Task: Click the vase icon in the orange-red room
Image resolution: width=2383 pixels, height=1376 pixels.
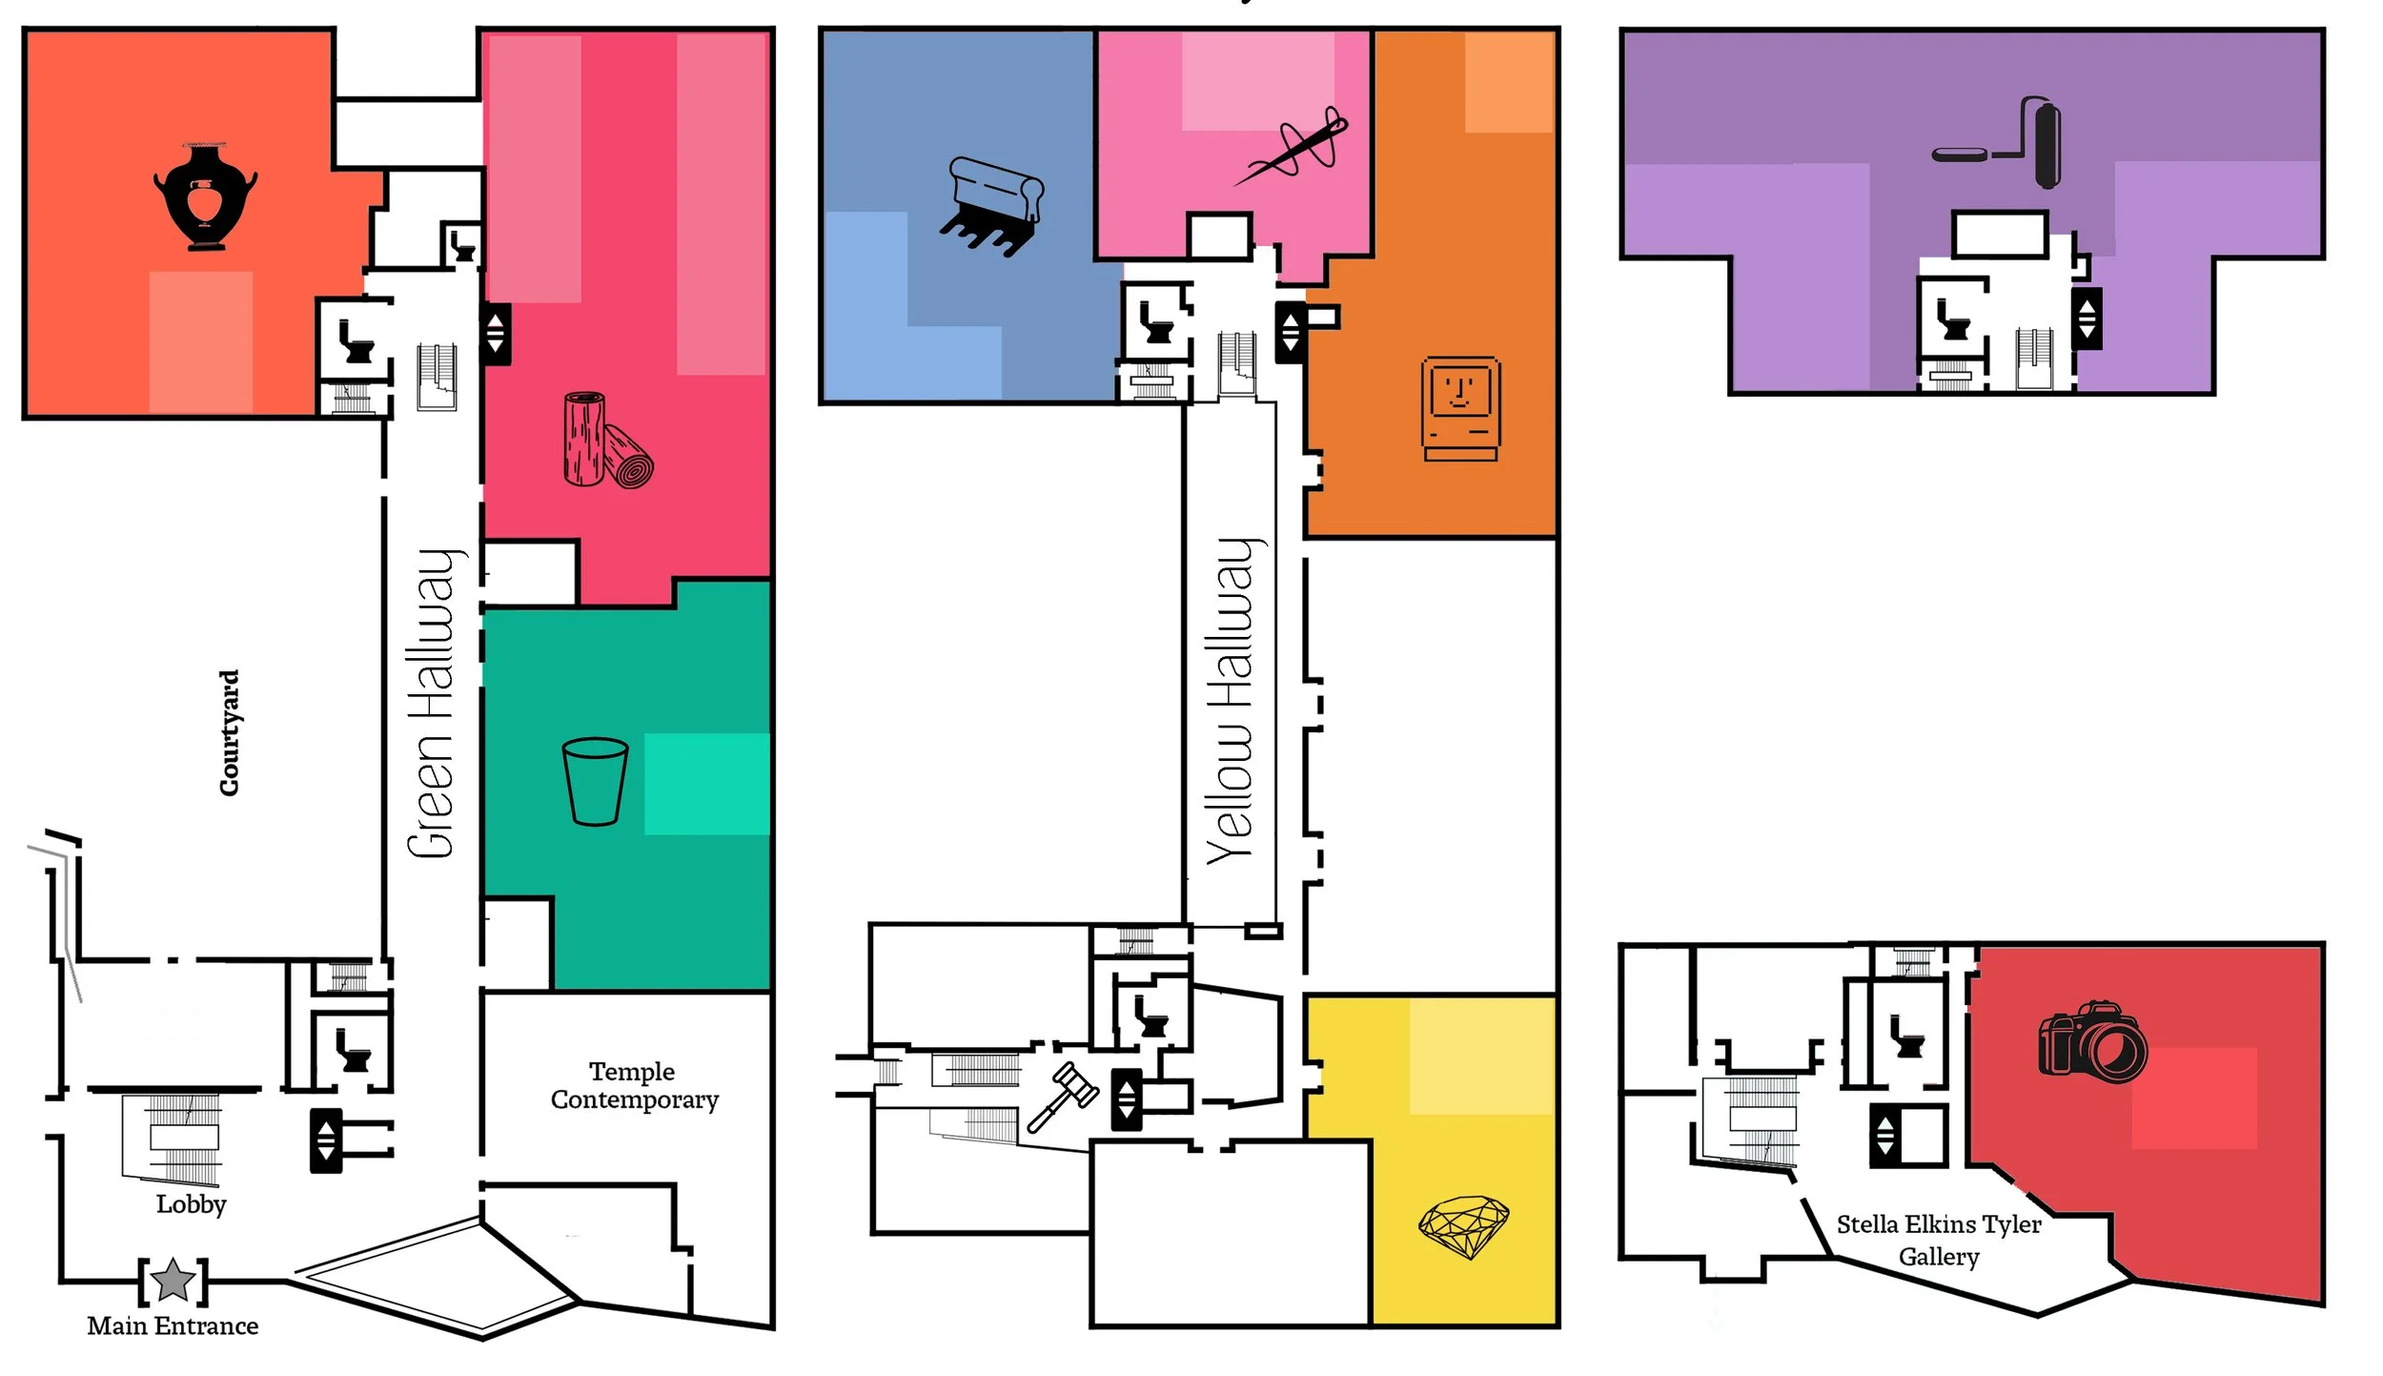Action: (x=205, y=196)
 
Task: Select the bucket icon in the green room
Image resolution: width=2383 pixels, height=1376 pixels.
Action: (x=595, y=781)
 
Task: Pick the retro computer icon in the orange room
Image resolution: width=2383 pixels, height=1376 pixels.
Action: (x=1460, y=408)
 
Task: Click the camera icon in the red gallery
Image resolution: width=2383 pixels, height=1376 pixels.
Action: (x=2092, y=1041)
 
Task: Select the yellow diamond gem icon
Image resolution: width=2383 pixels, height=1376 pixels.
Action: (x=1463, y=1226)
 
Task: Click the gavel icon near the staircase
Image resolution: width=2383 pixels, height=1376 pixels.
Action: (x=1063, y=1097)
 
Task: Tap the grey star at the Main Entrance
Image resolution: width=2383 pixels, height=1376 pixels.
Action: (x=173, y=1281)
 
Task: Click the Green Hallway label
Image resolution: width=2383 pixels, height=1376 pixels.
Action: (x=435, y=704)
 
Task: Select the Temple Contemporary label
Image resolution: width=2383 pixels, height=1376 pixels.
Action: (x=634, y=1085)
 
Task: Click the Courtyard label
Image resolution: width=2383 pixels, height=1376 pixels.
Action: (x=230, y=732)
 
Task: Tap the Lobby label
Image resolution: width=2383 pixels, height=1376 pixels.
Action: (x=192, y=1204)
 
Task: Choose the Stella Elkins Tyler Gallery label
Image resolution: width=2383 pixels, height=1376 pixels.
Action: (x=1939, y=1240)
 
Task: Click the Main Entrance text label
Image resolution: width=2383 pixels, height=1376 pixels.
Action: (x=173, y=1325)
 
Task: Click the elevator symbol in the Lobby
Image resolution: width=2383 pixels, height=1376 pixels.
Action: (x=326, y=1140)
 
